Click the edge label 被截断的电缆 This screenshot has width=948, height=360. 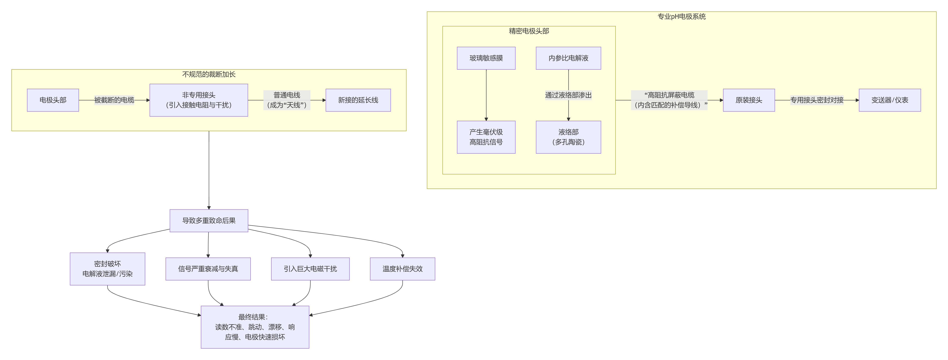114,100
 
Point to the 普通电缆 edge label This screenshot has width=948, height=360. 287,100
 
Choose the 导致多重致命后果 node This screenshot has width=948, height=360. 209,221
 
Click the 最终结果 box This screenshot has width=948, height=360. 255,327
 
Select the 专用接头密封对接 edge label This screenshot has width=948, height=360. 817,100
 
